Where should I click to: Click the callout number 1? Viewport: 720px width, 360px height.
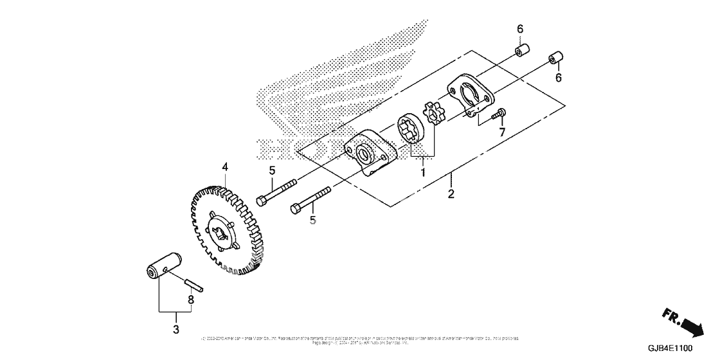point(422,172)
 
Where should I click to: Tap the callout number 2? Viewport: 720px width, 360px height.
point(451,194)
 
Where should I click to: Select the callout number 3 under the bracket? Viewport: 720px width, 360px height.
point(176,330)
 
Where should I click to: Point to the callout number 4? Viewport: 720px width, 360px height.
point(225,167)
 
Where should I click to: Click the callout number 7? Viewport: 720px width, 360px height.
point(503,132)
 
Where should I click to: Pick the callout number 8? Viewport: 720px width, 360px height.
point(190,300)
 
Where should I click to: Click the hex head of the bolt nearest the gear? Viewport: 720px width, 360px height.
point(262,201)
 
